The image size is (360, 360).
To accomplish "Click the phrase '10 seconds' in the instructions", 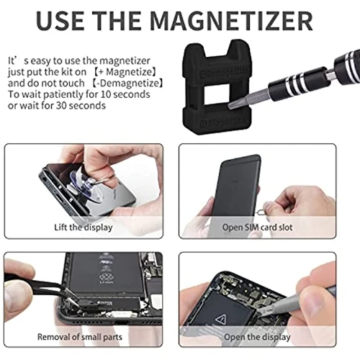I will tap(104, 94).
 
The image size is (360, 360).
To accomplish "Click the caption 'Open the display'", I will tap(257, 336).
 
